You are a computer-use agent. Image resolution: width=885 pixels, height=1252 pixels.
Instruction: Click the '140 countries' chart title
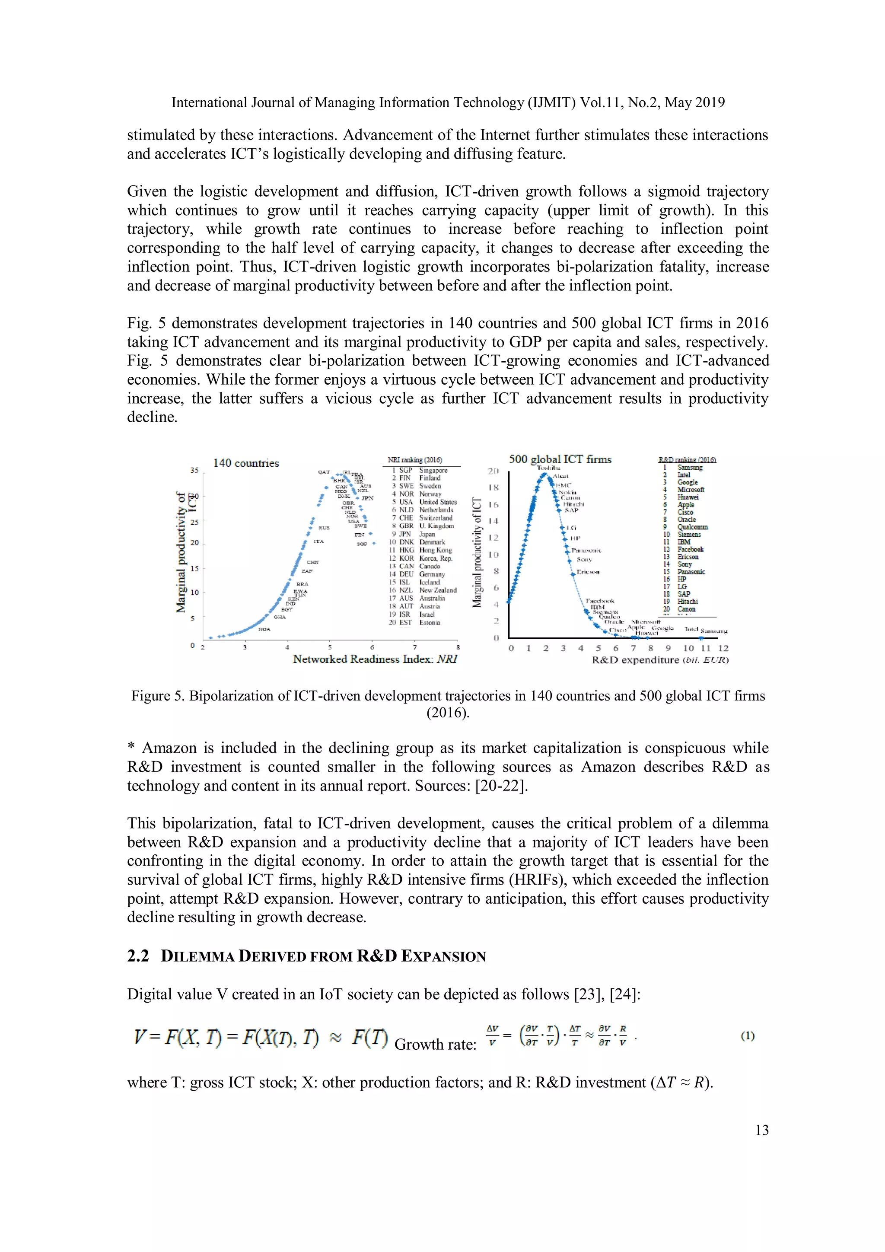coord(245,463)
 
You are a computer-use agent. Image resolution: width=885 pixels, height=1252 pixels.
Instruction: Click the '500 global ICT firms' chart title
coord(560,459)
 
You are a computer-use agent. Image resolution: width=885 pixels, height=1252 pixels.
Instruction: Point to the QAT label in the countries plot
coord(324,471)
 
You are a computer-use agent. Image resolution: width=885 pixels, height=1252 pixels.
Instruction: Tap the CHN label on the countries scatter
coord(312,562)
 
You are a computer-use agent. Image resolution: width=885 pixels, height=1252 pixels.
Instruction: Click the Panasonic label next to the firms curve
coord(586,550)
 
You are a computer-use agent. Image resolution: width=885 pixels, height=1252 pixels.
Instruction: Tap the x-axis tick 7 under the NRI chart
coord(414,647)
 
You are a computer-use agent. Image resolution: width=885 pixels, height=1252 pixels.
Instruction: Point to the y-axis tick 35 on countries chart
coord(194,470)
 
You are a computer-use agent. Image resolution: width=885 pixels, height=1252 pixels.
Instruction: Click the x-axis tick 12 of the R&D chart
coord(723,648)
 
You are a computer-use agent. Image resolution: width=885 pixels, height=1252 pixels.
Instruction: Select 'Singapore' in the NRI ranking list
coord(433,470)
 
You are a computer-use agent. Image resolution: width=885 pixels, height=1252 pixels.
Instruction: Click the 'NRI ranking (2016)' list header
coord(414,460)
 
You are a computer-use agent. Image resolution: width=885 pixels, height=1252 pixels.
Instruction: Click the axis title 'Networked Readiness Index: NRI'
coord(375,659)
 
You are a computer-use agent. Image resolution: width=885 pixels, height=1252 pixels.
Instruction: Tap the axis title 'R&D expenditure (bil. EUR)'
coord(660,660)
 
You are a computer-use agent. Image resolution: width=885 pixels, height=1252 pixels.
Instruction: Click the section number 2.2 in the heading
coord(138,956)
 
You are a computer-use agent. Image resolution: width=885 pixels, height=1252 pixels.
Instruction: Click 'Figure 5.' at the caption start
coord(158,696)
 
